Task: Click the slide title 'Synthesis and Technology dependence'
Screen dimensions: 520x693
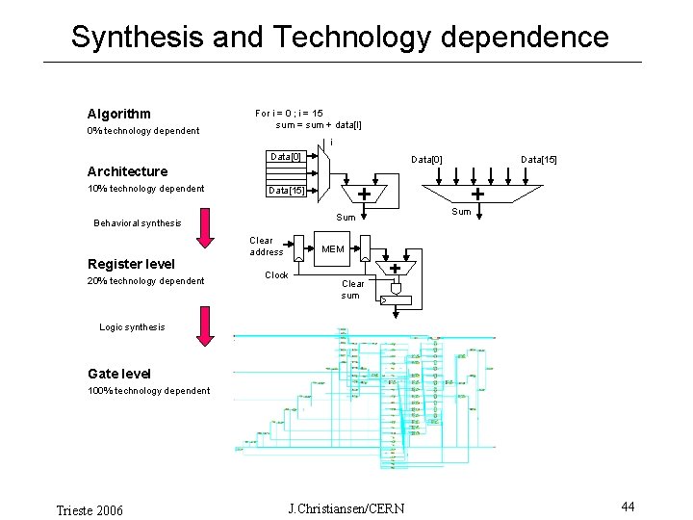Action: pyautogui.click(x=340, y=38)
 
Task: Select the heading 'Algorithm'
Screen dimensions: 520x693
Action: pyautogui.click(x=118, y=114)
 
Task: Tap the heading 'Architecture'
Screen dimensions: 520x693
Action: pyautogui.click(x=127, y=171)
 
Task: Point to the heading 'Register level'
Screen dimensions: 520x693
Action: pyautogui.click(x=131, y=264)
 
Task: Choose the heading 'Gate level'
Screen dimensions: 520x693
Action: pyautogui.click(x=119, y=374)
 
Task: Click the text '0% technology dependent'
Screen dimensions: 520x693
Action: pyautogui.click(x=143, y=131)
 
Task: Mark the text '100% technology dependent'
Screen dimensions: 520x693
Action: pyautogui.click(x=148, y=391)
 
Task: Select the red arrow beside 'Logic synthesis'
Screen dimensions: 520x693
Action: pyautogui.click(x=204, y=325)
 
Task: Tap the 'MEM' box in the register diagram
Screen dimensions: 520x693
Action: pyautogui.click(x=333, y=248)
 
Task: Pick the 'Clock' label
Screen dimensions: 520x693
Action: pyautogui.click(x=276, y=275)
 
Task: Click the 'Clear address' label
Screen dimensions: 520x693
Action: pyautogui.click(x=266, y=247)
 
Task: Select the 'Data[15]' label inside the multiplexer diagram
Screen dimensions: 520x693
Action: pyautogui.click(x=286, y=191)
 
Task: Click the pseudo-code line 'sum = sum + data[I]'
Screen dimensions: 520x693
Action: pyautogui.click(x=319, y=125)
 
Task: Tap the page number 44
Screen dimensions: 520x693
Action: pyautogui.click(x=628, y=507)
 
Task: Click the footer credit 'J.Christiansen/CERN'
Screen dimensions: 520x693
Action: pyautogui.click(x=346, y=507)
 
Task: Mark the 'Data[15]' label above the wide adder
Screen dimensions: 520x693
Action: pyautogui.click(x=538, y=159)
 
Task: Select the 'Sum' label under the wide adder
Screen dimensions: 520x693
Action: pyautogui.click(x=461, y=212)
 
